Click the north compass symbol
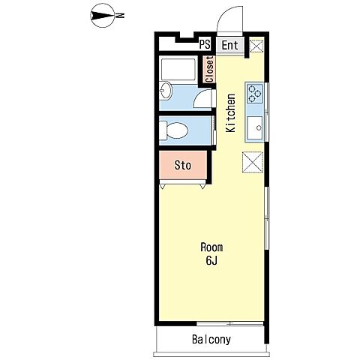(103, 16)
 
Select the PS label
(205, 44)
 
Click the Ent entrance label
(229, 46)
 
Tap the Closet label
(209, 69)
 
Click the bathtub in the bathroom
(178, 69)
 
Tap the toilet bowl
(174, 130)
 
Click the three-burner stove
(255, 94)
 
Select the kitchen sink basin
(255, 128)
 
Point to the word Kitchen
(230, 113)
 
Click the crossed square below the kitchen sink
(253, 162)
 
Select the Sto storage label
(183, 165)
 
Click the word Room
(211, 247)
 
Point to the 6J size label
(211, 260)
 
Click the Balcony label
(211, 340)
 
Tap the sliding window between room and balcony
(230, 324)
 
